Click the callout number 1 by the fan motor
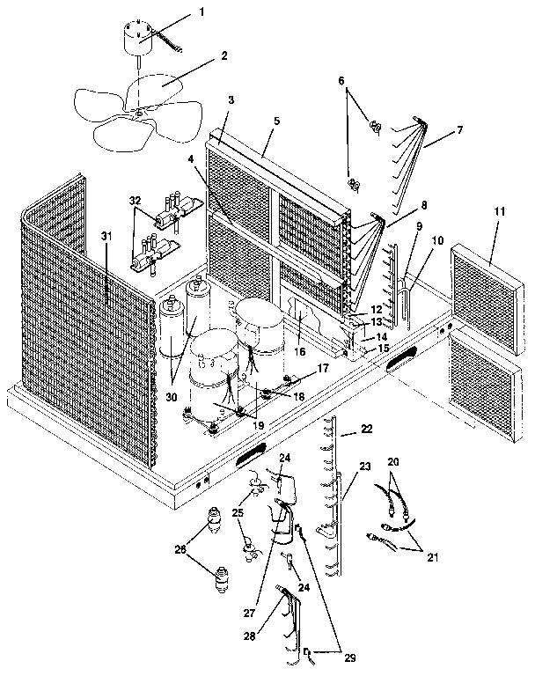[x=202, y=11]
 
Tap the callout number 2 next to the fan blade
[x=224, y=55]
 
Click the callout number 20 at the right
[x=393, y=461]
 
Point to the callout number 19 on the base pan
[x=257, y=423]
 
